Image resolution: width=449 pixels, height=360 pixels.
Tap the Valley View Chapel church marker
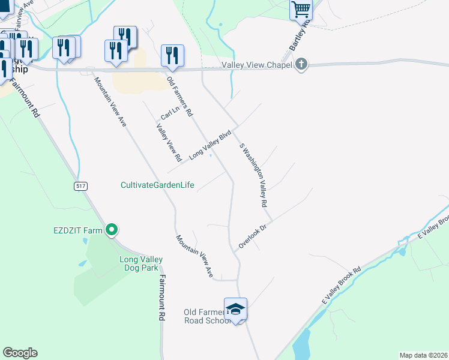301,65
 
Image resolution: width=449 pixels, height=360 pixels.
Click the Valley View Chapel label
256,65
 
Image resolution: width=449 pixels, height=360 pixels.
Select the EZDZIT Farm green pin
112,229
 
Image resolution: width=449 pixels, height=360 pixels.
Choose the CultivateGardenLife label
157,185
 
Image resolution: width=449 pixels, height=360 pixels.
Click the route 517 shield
80,186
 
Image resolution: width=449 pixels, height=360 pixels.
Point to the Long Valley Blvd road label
210,146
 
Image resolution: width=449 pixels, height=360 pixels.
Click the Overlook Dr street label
252,237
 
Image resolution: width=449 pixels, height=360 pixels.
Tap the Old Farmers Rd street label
179,96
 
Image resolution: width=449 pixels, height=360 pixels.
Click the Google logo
20,353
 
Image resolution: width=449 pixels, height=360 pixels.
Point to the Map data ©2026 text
423,355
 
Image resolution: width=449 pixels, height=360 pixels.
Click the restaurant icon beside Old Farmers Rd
172,56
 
